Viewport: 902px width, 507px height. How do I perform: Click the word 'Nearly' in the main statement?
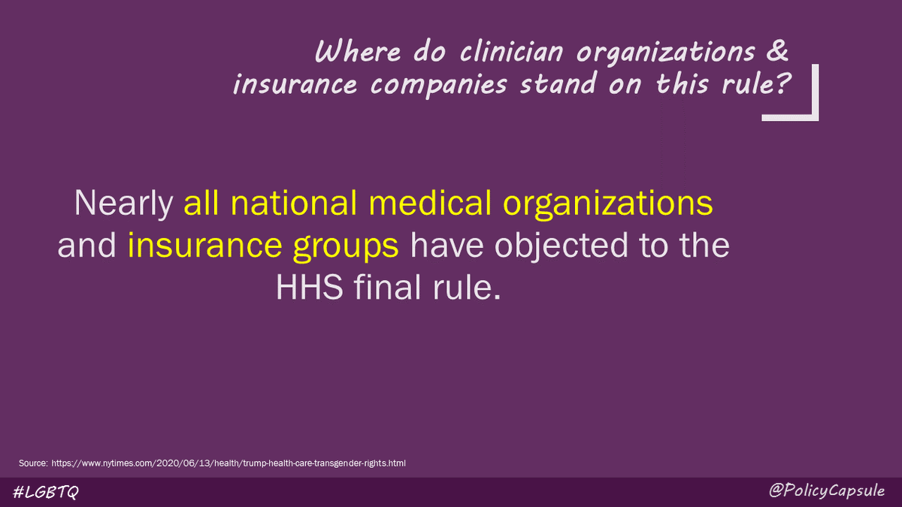tap(125, 204)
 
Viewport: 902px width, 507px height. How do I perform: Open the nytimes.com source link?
tap(229, 463)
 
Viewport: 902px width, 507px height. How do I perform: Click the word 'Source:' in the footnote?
tap(33, 463)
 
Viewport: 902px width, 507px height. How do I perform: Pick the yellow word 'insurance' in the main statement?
tap(199, 247)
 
